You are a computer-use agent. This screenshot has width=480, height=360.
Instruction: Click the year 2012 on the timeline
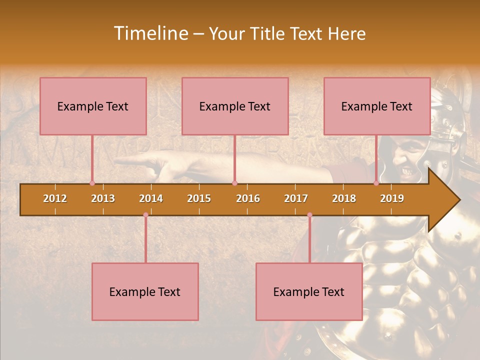(55, 198)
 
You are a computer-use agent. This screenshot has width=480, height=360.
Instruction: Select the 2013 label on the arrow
(103, 198)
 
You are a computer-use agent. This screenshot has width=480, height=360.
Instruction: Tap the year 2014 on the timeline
(151, 198)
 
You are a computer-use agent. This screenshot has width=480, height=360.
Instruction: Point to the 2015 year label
(199, 198)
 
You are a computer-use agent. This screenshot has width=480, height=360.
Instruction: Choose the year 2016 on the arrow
(248, 198)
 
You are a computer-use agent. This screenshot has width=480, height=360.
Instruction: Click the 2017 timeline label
(296, 198)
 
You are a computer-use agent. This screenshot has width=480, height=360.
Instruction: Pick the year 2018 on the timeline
(344, 198)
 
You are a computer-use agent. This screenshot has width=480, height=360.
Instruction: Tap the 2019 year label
(392, 198)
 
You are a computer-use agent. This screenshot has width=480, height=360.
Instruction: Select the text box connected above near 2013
(93, 106)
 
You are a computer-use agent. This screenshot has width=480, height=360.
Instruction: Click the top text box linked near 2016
(235, 106)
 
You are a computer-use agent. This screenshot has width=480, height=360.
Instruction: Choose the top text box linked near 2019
(377, 106)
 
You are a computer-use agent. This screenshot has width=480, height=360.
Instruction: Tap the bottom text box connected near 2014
(145, 291)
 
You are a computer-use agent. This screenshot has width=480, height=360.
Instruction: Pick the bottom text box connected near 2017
(309, 291)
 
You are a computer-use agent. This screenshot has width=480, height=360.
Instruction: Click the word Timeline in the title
(149, 33)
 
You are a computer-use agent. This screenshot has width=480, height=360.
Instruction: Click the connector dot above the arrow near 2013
(92, 183)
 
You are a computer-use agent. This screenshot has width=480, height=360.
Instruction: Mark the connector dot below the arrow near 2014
(145, 215)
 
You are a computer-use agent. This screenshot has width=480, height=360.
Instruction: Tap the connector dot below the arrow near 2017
(309, 215)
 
